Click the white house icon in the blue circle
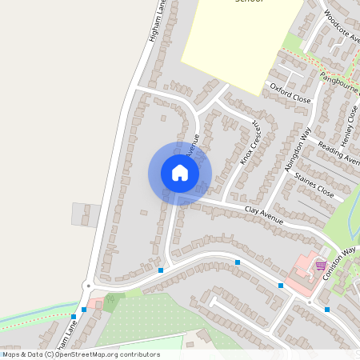(180, 173)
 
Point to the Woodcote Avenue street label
(342, 25)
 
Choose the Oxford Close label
(289, 93)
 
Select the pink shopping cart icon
(321, 266)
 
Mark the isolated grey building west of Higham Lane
(86, 214)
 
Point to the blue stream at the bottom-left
(32, 314)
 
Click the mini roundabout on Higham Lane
(86, 285)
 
